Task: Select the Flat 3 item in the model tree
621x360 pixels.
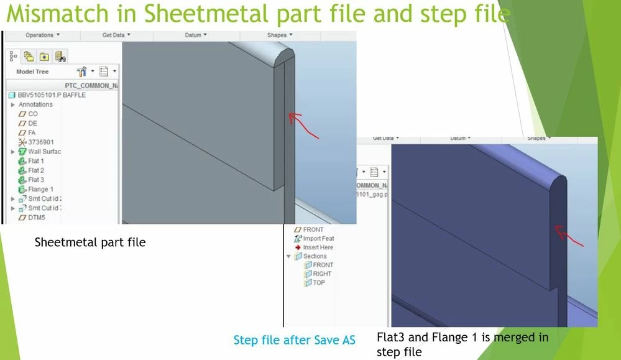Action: pyautogui.click(x=35, y=180)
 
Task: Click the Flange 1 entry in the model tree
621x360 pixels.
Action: pyautogui.click(x=40, y=189)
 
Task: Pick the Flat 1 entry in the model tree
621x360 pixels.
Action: pyautogui.click(x=35, y=161)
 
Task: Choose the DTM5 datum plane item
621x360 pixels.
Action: pyautogui.click(x=36, y=218)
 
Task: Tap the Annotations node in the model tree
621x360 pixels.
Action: pyautogui.click(x=35, y=104)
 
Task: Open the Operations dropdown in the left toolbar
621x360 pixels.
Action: pyautogui.click(x=42, y=35)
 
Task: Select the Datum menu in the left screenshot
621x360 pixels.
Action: pyautogui.click(x=196, y=35)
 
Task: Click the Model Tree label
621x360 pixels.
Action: pyautogui.click(x=32, y=72)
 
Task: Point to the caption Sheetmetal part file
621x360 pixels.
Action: pyautogui.click(x=90, y=242)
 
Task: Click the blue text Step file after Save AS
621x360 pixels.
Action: pyautogui.click(x=295, y=340)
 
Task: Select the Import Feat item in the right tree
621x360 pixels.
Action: pyautogui.click(x=318, y=238)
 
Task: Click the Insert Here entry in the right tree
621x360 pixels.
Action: pyautogui.click(x=318, y=247)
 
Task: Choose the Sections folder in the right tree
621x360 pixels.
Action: pyautogui.click(x=314, y=256)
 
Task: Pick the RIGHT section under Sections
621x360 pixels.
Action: pyautogui.click(x=321, y=274)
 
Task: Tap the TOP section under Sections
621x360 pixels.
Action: pyautogui.click(x=318, y=282)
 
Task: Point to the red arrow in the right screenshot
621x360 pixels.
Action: pyautogui.click(x=569, y=236)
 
